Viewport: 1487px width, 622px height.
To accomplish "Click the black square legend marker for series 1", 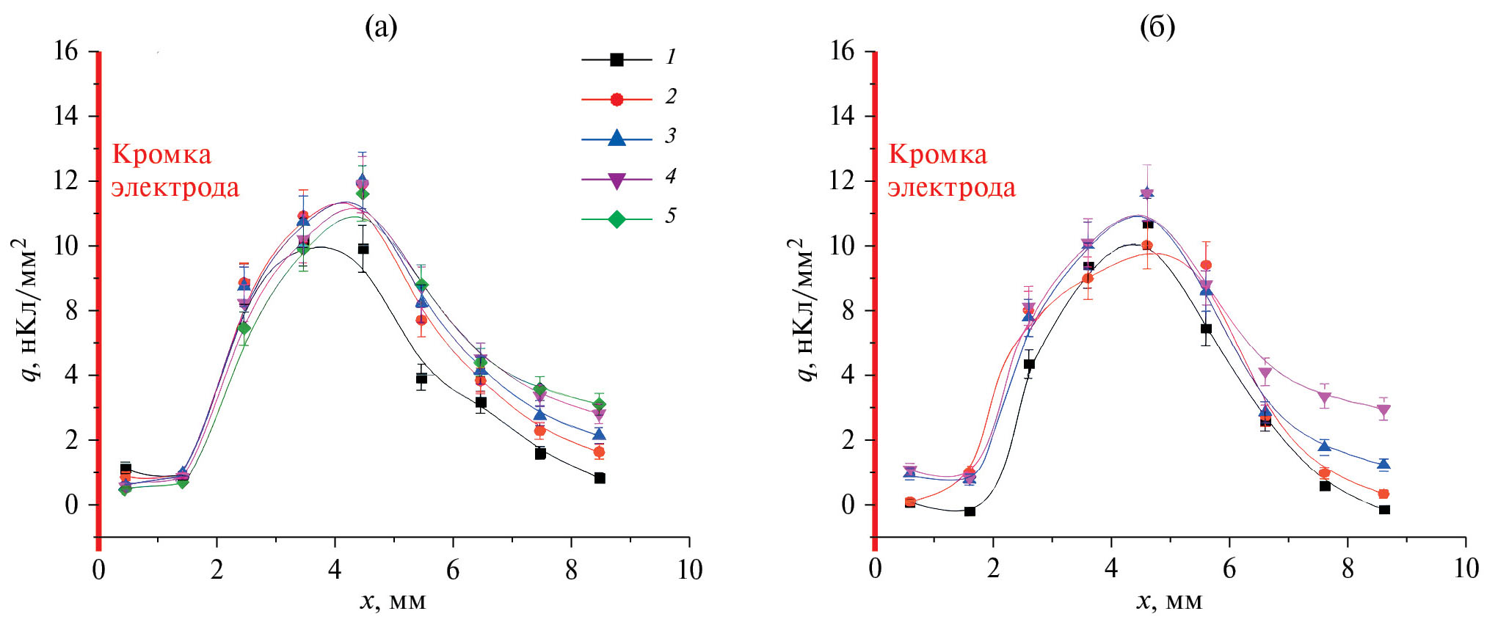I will coord(617,59).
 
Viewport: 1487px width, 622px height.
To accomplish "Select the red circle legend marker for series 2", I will coord(617,99).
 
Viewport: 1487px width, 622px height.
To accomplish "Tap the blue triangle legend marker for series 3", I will coord(617,138).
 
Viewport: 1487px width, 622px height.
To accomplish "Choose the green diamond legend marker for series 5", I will coord(617,219).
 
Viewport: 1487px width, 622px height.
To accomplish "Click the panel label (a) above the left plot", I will coord(381,27).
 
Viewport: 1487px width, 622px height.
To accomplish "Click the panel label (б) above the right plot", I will coord(1157,27).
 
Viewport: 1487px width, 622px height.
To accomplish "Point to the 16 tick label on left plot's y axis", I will coord(65,51).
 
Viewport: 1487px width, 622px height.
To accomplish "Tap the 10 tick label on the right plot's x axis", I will coord(1466,569).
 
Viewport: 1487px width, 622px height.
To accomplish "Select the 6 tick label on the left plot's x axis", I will coord(453,569).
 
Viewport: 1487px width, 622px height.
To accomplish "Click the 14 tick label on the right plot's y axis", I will coord(842,115).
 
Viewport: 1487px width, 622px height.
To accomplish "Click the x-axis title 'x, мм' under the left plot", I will coord(393,601).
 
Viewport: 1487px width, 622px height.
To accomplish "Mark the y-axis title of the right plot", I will coord(805,310).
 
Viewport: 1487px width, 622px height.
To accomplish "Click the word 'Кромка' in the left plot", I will coord(161,155).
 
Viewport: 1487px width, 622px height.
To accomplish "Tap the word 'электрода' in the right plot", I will coord(951,189).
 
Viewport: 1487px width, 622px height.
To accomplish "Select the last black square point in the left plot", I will coord(600,478).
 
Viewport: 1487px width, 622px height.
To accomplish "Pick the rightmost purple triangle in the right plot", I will coord(1384,411).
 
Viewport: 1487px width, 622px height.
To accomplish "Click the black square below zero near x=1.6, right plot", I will coord(970,511).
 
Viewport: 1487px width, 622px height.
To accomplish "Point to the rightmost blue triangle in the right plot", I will coord(1384,464).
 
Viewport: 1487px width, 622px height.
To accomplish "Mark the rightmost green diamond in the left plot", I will coord(600,403).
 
